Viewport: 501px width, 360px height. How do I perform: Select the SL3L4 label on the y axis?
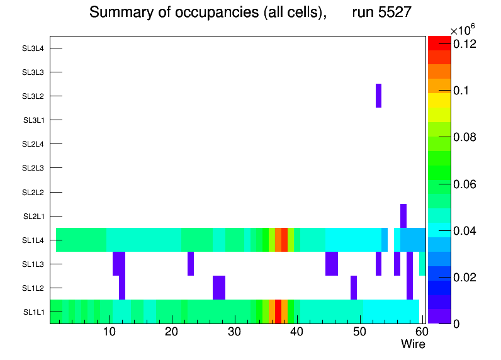pyautogui.click(x=33, y=48)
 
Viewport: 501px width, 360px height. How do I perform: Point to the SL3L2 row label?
pyautogui.click(x=33, y=96)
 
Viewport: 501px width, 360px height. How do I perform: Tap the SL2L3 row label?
pyautogui.click(x=33, y=168)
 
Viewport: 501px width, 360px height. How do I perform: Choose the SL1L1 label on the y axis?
pyautogui.click(x=33, y=312)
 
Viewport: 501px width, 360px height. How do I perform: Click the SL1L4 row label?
pyautogui.click(x=33, y=240)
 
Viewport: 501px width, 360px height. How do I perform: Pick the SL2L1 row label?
pyautogui.click(x=33, y=217)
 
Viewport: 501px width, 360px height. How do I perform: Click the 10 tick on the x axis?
pyautogui.click(x=110, y=332)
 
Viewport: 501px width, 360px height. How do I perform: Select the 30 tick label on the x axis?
pyautogui.click(x=234, y=332)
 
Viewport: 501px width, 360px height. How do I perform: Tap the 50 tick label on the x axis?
pyautogui.click(x=359, y=332)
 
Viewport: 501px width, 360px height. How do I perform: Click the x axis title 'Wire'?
pyautogui.click(x=413, y=344)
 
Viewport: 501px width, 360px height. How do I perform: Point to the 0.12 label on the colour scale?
pyautogui.click(x=464, y=43)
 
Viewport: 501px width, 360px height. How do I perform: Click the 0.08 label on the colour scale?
pyautogui.click(x=464, y=137)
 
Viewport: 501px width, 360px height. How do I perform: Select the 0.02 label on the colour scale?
pyautogui.click(x=464, y=278)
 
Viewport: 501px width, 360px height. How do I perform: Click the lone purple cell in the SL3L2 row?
pyautogui.click(x=378, y=96)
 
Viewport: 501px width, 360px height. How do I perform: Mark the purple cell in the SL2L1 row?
pyautogui.click(x=403, y=216)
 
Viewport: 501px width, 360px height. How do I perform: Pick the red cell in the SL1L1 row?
pyautogui.click(x=278, y=312)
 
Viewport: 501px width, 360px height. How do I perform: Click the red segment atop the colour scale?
pyautogui.click(x=439, y=43)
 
